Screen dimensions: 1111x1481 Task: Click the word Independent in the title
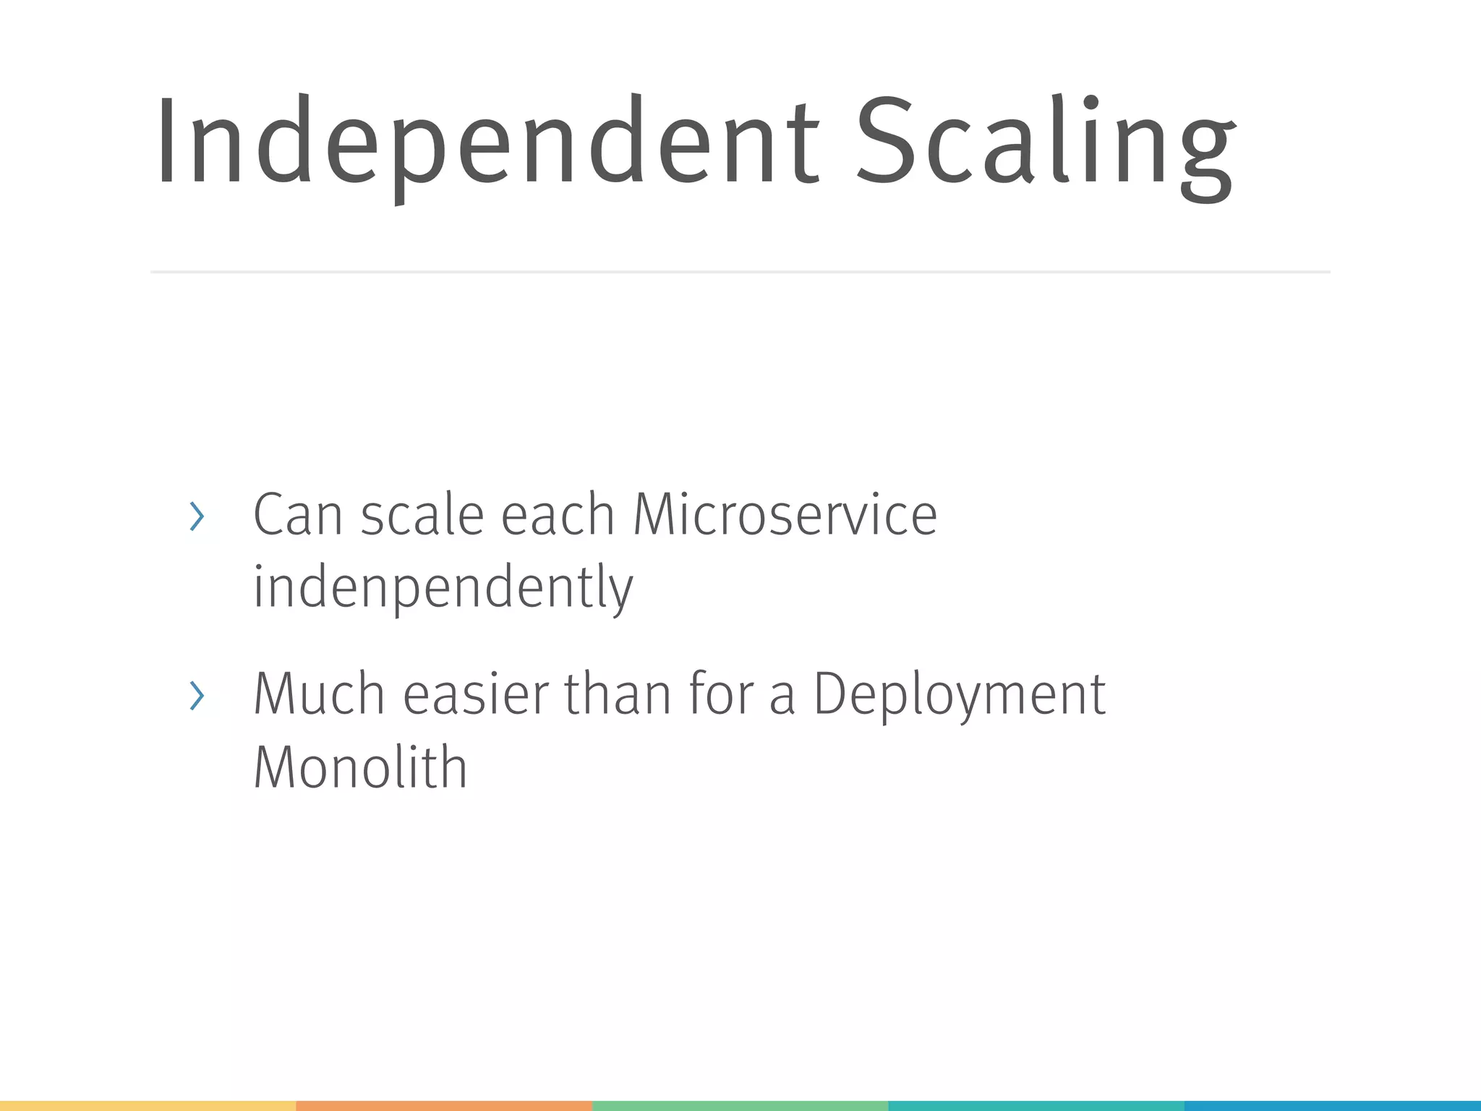(x=486, y=141)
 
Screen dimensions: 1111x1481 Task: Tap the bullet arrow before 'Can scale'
(x=197, y=516)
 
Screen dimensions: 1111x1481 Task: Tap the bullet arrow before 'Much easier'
(x=197, y=696)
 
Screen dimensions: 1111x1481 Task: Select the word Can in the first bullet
(x=297, y=515)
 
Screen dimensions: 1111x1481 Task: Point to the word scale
(x=422, y=515)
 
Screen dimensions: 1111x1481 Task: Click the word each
(x=558, y=515)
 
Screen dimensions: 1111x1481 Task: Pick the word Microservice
(x=785, y=515)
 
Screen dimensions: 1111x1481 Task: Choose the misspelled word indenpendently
(x=443, y=587)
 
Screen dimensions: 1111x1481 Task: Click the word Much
(x=319, y=694)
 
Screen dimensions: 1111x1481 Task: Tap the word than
(x=618, y=694)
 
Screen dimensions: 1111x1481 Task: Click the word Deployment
(x=960, y=694)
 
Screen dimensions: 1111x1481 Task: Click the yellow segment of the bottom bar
(x=148, y=1106)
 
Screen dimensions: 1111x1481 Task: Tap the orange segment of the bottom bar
(x=444, y=1106)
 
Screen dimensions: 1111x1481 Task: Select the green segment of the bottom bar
(x=740, y=1106)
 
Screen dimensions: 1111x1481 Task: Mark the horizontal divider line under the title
(x=740, y=272)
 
